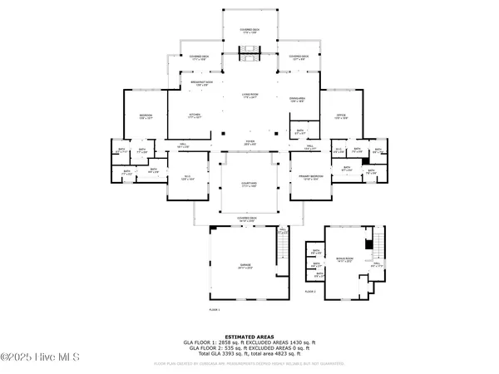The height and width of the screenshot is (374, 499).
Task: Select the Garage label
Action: [245, 267]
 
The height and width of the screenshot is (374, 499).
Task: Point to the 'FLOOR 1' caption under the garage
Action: [215, 310]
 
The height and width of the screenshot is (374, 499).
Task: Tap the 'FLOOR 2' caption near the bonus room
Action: [310, 292]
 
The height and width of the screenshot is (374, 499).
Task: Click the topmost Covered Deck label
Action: [249, 29]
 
